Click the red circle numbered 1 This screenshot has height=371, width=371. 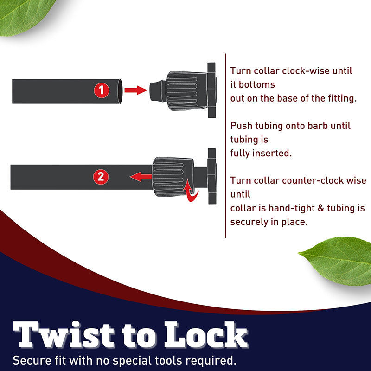(x=102, y=90)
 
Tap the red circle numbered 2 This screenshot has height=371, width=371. (x=101, y=177)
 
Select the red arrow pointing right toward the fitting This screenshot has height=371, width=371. (x=136, y=90)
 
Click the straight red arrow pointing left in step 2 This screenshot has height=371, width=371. (x=141, y=177)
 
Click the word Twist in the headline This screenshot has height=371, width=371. (x=64, y=335)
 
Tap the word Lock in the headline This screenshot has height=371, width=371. (x=206, y=335)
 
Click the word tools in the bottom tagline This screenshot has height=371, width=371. (x=169, y=361)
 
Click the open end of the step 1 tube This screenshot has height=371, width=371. (x=120, y=91)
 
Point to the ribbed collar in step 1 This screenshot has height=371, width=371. (x=186, y=91)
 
